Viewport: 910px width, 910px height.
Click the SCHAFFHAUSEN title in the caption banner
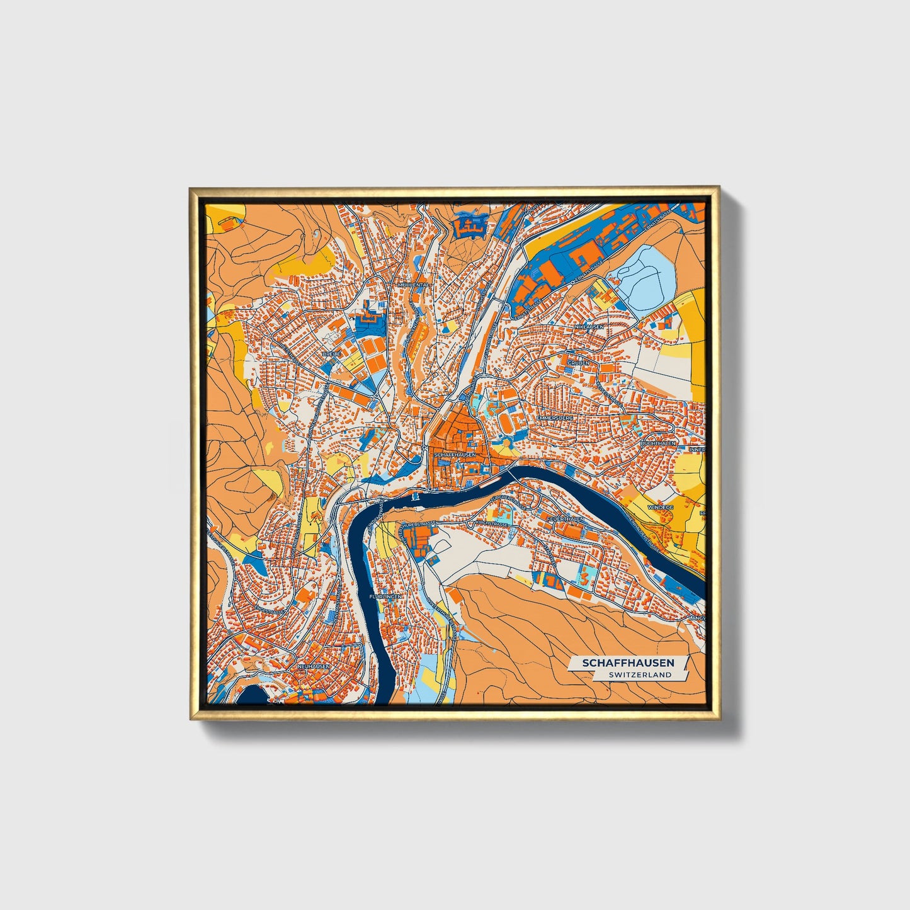click(x=627, y=663)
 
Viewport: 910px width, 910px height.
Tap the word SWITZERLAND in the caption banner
click(x=639, y=674)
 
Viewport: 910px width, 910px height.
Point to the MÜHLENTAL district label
click(x=412, y=285)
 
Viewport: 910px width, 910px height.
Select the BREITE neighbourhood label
click(x=331, y=355)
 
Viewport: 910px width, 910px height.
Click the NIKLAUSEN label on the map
click(x=589, y=327)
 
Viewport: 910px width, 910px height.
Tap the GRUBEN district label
click(x=578, y=363)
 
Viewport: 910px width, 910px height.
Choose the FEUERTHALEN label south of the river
click(x=566, y=518)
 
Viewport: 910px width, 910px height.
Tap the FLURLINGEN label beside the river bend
click(x=385, y=596)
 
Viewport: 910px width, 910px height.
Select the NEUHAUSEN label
click(x=313, y=666)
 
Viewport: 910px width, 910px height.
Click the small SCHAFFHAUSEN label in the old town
click(x=455, y=453)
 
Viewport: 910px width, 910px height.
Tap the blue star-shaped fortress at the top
click(x=470, y=224)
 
